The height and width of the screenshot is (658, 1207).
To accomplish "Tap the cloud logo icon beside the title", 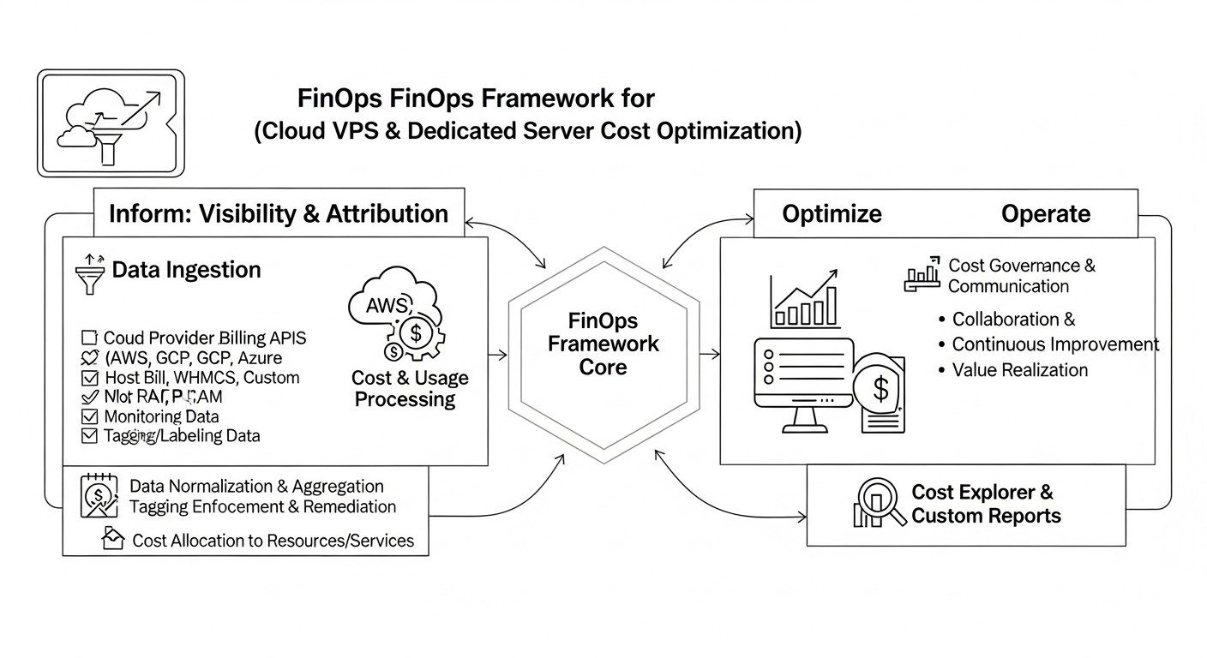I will pos(111,123).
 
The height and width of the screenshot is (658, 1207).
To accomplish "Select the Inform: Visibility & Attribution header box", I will pos(279,213).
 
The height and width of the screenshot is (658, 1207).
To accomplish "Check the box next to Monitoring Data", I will pos(89,416).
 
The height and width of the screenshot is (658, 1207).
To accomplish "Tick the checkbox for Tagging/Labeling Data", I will pos(89,435).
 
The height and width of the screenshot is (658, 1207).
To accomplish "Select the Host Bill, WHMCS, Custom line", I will pos(201,377).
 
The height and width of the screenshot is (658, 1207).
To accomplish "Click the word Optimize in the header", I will pos(832,213).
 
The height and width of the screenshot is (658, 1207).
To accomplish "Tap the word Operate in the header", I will pos(1046,213).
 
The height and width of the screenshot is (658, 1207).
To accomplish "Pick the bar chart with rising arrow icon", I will pos(804,299).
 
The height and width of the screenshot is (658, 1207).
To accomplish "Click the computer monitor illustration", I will pos(804,382).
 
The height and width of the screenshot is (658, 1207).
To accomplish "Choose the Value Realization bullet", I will pos(1020,370).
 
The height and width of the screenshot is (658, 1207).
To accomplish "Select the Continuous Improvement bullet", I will pos(1055,344).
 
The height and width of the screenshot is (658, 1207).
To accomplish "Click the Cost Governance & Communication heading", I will pos(1021,276).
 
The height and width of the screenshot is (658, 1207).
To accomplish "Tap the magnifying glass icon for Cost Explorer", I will pos(880,502).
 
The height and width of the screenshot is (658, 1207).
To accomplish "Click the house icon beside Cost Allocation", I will pos(112,539).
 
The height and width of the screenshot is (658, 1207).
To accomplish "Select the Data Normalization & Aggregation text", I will pos(256,487).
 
